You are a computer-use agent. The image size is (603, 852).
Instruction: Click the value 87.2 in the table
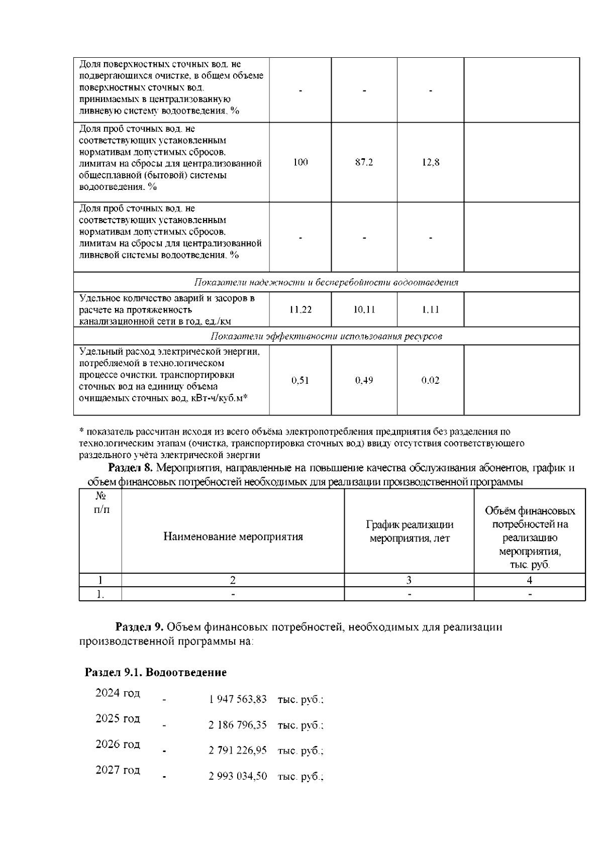[364, 162]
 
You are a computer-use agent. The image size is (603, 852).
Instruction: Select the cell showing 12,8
[431, 162]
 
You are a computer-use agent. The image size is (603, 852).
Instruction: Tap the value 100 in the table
[300, 162]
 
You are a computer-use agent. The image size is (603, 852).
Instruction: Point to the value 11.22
[300, 309]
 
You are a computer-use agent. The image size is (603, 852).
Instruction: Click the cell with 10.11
[364, 309]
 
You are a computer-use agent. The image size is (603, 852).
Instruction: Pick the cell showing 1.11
[431, 309]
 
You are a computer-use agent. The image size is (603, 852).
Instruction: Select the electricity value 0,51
[300, 380]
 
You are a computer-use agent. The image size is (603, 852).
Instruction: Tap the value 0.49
[364, 380]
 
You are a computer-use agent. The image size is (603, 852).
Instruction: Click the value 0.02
[431, 380]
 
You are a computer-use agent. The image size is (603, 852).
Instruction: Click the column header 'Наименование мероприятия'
[233, 537]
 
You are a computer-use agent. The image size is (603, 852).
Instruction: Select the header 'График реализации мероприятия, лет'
[410, 531]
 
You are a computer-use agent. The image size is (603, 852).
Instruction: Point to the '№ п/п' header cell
[100, 503]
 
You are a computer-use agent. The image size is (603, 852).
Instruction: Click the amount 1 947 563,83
[238, 699]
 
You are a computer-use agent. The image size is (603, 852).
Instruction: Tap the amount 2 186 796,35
[238, 725]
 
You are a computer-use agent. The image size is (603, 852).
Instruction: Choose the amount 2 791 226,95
[238, 751]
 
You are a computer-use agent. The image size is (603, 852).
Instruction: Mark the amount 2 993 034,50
[238, 777]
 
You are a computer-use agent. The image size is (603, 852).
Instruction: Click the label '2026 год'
[118, 744]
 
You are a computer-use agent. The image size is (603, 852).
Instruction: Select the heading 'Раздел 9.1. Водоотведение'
[156, 672]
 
